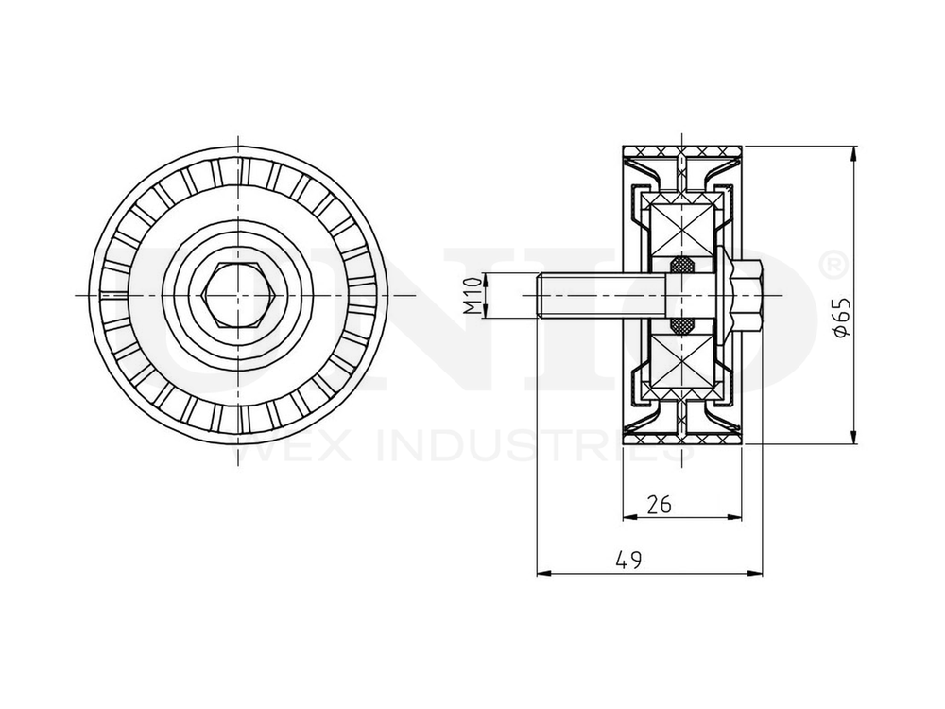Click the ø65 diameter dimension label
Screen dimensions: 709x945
(x=843, y=318)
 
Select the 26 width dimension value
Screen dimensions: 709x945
(x=659, y=504)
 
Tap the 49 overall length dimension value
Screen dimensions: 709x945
(x=628, y=560)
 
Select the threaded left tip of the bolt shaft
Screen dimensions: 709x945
(x=542, y=296)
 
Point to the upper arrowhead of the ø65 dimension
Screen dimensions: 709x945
(x=854, y=152)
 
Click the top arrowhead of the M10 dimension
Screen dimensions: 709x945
(x=486, y=277)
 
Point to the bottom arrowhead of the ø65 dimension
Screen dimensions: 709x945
(x=854, y=438)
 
